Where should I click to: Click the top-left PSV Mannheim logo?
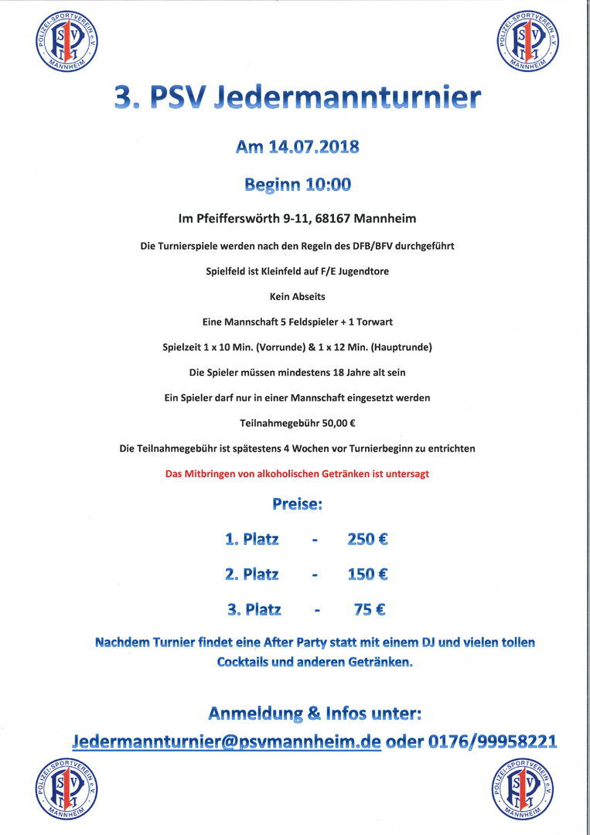click(67, 42)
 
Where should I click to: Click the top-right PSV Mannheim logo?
click(528, 42)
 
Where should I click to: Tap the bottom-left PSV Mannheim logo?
click(67, 789)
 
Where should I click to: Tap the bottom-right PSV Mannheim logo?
click(523, 789)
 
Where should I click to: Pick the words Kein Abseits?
click(297, 296)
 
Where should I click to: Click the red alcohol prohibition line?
click(297, 474)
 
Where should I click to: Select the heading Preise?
click(297, 504)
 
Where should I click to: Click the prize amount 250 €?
click(367, 539)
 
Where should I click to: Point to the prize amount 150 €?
click(367, 574)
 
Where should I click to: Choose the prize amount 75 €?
click(370, 610)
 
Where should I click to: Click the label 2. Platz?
click(252, 574)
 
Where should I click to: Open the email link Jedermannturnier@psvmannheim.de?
click(227, 741)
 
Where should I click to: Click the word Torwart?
click(373, 322)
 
